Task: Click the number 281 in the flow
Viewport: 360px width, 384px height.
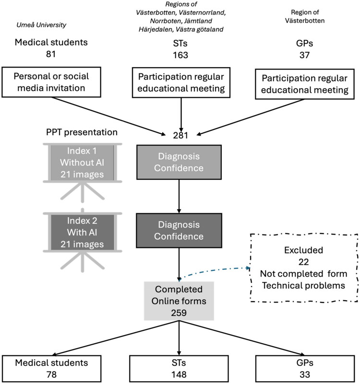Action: [180, 135]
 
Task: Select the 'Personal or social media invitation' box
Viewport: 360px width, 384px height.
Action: [51, 82]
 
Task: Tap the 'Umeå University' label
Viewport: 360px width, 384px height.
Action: [41, 25]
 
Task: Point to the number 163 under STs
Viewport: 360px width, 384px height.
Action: [180, 55]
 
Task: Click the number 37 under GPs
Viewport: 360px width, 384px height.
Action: [304, 55]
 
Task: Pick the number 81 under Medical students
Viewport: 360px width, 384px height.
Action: [51, 54]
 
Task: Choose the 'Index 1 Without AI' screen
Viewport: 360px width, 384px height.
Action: [83, 163]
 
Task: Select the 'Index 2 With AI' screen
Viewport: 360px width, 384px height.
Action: [83, 232]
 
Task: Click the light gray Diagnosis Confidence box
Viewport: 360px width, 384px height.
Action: [179, 162]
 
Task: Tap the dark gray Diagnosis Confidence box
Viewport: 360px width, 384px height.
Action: [179, 231]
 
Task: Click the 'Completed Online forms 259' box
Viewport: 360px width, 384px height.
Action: [179, 301]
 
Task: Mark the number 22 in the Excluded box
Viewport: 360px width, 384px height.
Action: [303, 262]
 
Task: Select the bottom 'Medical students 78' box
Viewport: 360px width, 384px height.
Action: [51, 369]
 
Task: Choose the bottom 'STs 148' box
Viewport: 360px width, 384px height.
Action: [179, 369]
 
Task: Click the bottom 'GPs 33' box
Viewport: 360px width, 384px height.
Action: [305, 369]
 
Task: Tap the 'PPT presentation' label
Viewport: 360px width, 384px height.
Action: [82, 132]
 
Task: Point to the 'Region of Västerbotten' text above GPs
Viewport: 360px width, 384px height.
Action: [305, 16]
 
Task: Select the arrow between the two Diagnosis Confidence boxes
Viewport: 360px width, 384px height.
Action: [179, 197]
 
